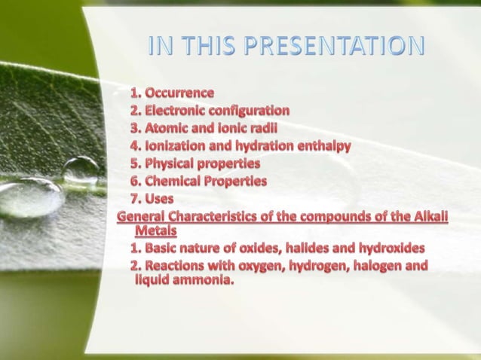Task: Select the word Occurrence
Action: coord(179,93)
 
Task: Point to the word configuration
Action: coord(252,110)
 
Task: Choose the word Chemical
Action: coord(175,181)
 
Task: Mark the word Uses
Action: coord(159,199)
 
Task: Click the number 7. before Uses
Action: coord(136,199)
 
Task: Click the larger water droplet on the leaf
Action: coord(30,197)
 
